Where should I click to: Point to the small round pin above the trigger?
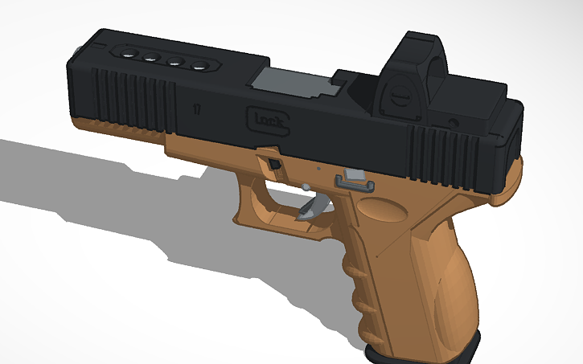[x=306, y=187]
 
